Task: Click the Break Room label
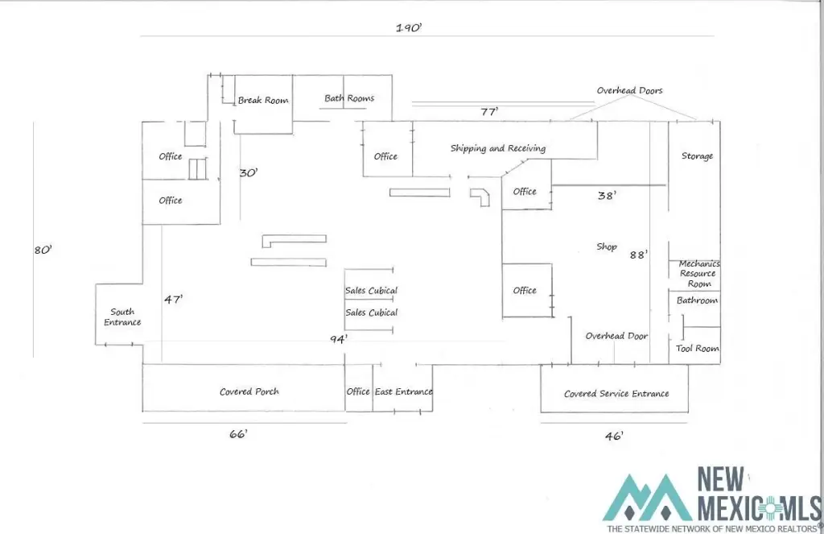tap(263, 101)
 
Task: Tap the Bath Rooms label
tap(349, 99)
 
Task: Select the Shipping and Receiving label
tap(497, 148)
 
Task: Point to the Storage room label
tap(697, 156)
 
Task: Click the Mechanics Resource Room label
tap(698, 274)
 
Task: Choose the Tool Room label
tap(698, 349)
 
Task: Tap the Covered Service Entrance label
tap(616, 394)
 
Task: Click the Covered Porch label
tap(249, 392)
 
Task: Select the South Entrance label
tap(122, 317)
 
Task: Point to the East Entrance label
tap(403, 392)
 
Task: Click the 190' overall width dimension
tap(409, 27)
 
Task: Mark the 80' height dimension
tap(43, 250)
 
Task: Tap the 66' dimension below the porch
tap(238, 434)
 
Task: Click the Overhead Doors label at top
tap(629, 91)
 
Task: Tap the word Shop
tap(606, 247)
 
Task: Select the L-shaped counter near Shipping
tap(481, 196)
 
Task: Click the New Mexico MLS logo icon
tap(649, 497)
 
